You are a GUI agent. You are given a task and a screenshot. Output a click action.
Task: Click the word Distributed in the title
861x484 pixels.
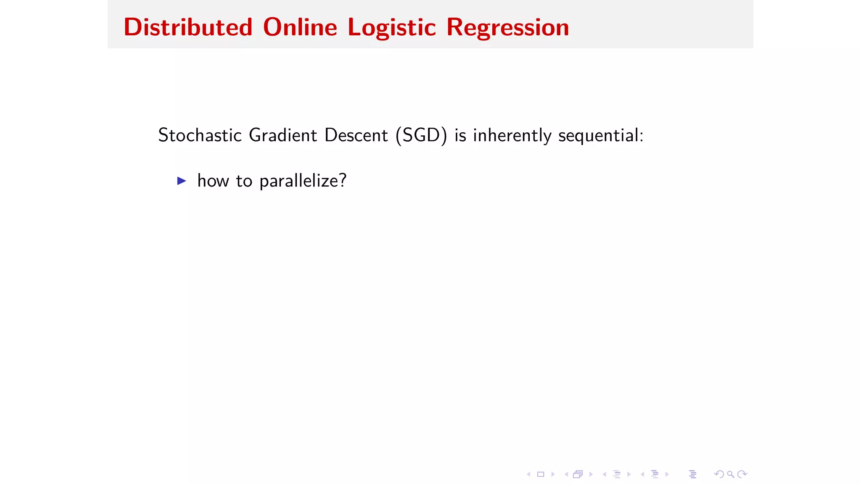click(188, 28)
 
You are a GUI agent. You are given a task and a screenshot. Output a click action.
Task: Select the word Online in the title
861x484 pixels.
click(300, 28)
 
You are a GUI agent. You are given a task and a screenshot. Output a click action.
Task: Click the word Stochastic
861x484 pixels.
click(200, 135)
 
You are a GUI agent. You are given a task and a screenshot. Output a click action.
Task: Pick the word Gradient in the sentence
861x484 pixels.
click(283, 135)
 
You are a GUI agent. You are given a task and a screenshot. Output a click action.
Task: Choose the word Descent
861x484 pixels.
click(356, 135)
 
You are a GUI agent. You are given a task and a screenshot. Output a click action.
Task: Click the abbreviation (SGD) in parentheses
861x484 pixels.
click(421, 135)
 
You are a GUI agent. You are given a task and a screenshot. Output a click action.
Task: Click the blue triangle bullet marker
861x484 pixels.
click(182, 181)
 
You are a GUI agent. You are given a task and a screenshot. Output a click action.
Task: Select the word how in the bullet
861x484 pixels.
click(213, 181)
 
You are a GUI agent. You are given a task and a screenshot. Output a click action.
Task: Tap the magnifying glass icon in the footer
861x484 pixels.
click(731, 474)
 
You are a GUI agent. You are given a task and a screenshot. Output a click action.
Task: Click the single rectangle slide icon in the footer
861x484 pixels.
click(541, 474)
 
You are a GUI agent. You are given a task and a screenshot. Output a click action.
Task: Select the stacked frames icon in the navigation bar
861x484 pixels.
click(578, 474)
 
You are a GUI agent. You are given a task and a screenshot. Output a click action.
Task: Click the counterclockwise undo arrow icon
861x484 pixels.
click(719, 474)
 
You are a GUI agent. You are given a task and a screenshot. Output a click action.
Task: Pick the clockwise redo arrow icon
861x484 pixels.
click(742, 474)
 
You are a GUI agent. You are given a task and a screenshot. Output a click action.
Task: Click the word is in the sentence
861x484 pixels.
click(460, 135)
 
